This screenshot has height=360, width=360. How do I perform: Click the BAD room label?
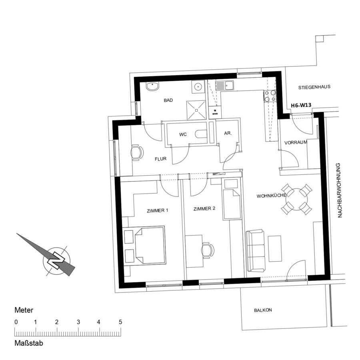click(168, 100)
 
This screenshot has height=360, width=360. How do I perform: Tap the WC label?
click(183, 134)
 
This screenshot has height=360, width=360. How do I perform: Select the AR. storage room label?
click(228, 133)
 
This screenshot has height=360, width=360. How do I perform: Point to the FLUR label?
click(160, 159)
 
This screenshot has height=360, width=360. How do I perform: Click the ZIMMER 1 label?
click(158, 210)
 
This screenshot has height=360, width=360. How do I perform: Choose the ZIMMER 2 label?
click(204, 209)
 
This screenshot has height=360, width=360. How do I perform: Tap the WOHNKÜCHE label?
click(271, 196)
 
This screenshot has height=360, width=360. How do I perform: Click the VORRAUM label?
click(296, 142)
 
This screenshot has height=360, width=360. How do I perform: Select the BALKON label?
click(263, 310)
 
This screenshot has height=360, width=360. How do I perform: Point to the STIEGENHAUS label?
click(314, 87)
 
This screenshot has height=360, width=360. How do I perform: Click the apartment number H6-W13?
click(301, 105)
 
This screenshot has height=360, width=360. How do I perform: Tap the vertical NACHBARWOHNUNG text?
click(340, 190)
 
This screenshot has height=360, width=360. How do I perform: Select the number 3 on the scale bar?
click(78, 322)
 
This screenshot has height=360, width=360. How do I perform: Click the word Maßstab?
click(29, 343)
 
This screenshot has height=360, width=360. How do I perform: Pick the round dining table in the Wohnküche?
click(297, 199)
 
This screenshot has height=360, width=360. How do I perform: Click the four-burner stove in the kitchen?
click(270, 96)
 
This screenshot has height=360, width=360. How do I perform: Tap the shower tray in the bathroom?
click(196, 110)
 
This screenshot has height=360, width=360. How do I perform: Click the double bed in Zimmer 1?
click(150, 245)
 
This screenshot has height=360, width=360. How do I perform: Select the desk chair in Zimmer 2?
click(208, 250)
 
